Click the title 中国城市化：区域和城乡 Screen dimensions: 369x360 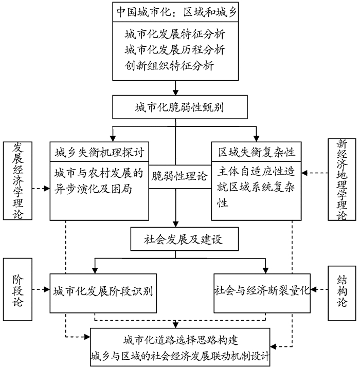pos(175,11)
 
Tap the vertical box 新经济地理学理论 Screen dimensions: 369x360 pos(341,179)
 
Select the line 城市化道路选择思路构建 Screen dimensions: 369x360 pos(179,340)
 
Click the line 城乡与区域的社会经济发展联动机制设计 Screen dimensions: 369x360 pos(179,355)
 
